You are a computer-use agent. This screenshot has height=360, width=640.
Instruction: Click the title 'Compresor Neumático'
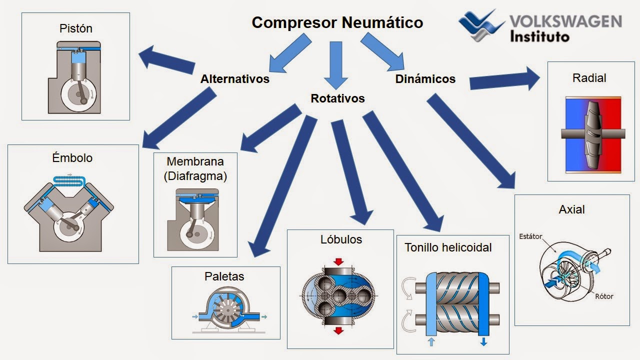click(x=337, y=22)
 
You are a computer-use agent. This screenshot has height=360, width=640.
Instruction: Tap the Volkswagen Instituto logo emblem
click(x=481, y=26)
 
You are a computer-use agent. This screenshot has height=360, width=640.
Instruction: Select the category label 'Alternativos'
click(x=234, y=79)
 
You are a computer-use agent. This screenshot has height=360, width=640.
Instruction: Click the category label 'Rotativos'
click(x=337, y=98)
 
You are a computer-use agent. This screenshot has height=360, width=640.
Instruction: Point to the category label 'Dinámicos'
click(x=425, y=79)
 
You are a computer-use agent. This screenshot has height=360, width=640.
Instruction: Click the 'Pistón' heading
click(x=76, y=28)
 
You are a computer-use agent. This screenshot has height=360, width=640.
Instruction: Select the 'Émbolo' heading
click(x=72, y=158)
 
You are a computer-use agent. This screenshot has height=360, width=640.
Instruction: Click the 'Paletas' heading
click(x=224, y=276)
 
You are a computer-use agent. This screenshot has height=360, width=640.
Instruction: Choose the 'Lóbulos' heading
click(x=341, y=239)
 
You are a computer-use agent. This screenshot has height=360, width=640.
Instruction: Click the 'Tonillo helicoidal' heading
click(x=448, y=247)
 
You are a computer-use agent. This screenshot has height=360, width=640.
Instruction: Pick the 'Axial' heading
click(x=571, y=209)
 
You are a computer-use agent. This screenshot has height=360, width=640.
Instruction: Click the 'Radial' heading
click(x=589, y=78)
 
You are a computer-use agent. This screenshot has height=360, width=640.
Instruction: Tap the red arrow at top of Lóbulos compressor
click(x=338, y=262)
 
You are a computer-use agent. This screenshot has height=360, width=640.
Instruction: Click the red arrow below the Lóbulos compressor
click(x=338, y=330)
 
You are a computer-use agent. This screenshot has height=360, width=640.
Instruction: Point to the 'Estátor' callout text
click(x=530, y=236)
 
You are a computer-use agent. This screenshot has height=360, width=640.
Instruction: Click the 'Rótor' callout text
click(x=604, y=296)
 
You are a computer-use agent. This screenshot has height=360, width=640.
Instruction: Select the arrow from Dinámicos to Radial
click(x=505, y=80)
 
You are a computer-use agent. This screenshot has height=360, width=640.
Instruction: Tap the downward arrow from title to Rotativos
click(x=335, y=65)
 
